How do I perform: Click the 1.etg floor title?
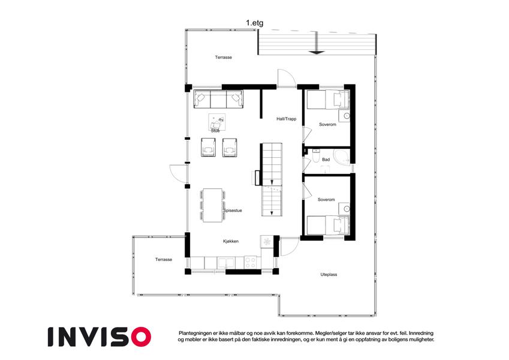[x=254, y=23]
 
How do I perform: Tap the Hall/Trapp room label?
[x=287, y=119]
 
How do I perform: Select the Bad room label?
[x=326, y=160]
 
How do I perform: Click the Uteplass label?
[x=329, y=275]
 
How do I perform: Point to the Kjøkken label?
[x=231, y=241]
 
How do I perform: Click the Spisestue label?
[x=233, y=211]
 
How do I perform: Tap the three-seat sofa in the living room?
[x=218, y=99]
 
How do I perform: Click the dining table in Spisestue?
[x=213, y=205]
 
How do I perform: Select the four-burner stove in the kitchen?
[x=250, y=263]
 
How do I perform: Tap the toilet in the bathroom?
[x=315, y=156]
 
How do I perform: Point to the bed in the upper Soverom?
[x=328, y=100]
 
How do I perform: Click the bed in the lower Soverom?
[x=328, y=225]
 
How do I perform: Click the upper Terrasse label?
[x=224, y=58]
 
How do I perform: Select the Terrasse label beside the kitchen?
[x=164, y=260]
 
